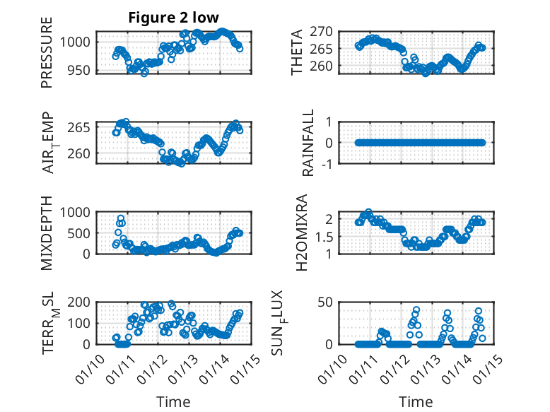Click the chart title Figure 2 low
(x=173, y=18)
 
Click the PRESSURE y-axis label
(x=47, y=57)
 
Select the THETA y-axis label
(x=297, y=52)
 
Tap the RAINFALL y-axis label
(x=308, y=142)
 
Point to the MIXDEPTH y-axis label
(x=47, y=232)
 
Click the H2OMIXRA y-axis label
(x=302, y=232)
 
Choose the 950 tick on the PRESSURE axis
(x=80, y=70)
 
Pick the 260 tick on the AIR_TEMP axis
(x=80, y=153)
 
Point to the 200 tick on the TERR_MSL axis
(x=80, y=302)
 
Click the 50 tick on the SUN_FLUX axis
(x=326, y=302)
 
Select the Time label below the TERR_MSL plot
(x=173, y=402)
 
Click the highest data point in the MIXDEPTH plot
(x=121, y=218)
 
